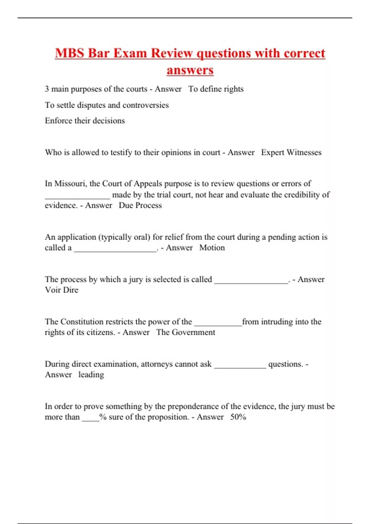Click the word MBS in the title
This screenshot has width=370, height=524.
click(70, 53)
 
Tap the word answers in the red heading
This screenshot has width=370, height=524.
click(190, 70)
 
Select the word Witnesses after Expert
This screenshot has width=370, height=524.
click(304, 152)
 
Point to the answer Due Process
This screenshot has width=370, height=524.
click(140, 205)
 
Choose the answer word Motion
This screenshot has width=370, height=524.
click(212, 248)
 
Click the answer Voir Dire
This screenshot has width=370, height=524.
click(62, 290)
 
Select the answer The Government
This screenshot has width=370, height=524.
click(185, 332)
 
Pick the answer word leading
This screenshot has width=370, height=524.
click(91, 375)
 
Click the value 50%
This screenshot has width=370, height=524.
click(238, 417)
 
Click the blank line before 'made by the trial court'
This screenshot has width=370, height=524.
click(77, 197)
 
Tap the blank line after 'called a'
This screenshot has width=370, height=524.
click(115, 250)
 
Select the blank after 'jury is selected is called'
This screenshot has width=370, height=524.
click(251, 282)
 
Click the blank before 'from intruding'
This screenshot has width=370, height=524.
click(218, 324)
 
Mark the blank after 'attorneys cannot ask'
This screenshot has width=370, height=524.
click(240, 366)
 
